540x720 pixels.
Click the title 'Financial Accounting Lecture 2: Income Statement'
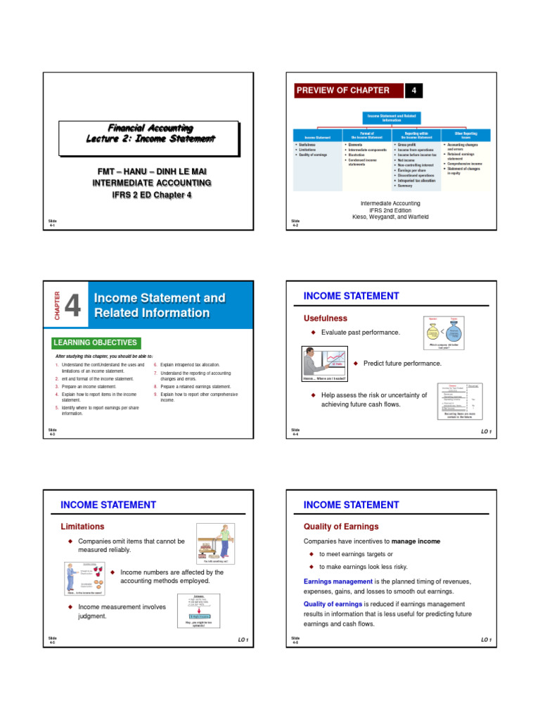pos(149,134)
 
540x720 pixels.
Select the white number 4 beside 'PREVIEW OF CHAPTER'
pos(414,90)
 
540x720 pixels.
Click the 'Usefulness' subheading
pos(326,319)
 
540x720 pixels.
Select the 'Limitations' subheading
pos(83,526)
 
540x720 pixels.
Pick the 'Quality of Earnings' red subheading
pos(340,526)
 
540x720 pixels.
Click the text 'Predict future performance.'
pos(402,364)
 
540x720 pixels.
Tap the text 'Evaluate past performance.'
pos(361,332)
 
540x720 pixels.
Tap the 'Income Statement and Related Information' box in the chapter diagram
pos(392,117)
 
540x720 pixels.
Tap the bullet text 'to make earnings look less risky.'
pos(364,567)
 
